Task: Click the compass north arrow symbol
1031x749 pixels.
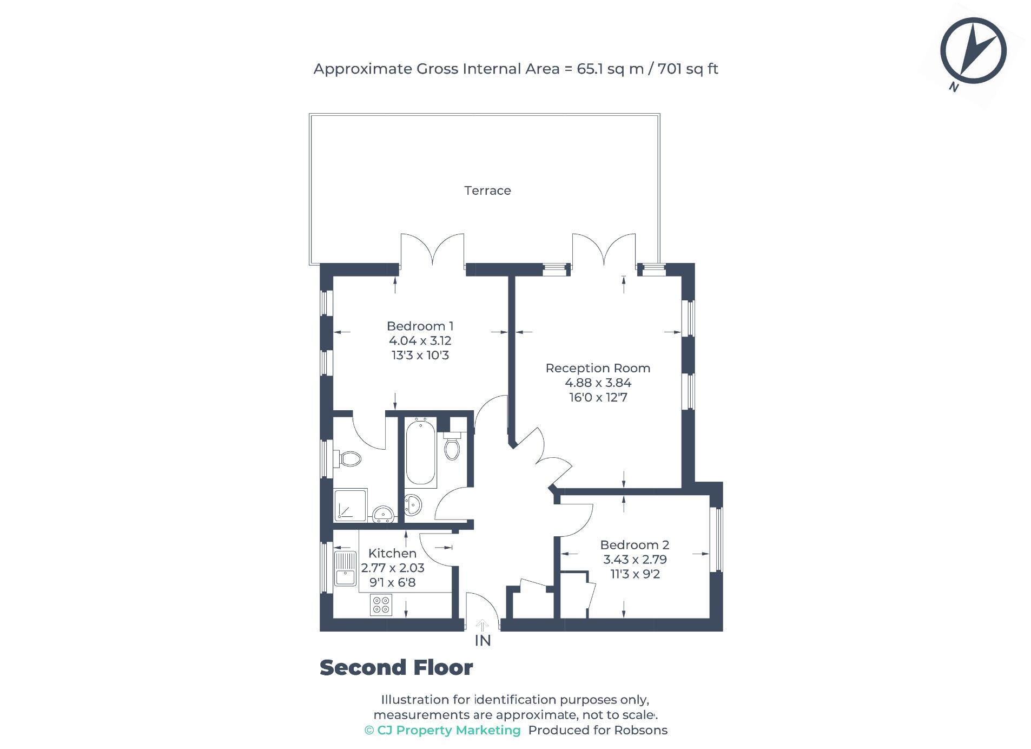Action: (973, 51)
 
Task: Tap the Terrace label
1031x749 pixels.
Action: (487, 190)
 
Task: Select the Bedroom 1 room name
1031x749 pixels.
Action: (420, 326)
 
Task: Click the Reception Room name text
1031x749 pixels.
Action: (598, 368)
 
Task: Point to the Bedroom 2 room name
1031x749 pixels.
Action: (635, 545)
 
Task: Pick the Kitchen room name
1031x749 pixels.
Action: (392, 553)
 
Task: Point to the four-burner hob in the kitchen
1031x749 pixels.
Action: (381, 605)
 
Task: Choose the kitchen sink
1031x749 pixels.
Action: (345, 569)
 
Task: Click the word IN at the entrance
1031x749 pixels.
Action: (483, 641)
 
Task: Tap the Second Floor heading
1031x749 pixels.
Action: (396, 668)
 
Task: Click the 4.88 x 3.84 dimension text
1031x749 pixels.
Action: (598, 383)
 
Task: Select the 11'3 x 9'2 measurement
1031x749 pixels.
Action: (635, 574)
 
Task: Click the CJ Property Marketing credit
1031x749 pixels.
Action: (442, 730)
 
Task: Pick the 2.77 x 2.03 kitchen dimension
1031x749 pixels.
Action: (393, 568)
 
